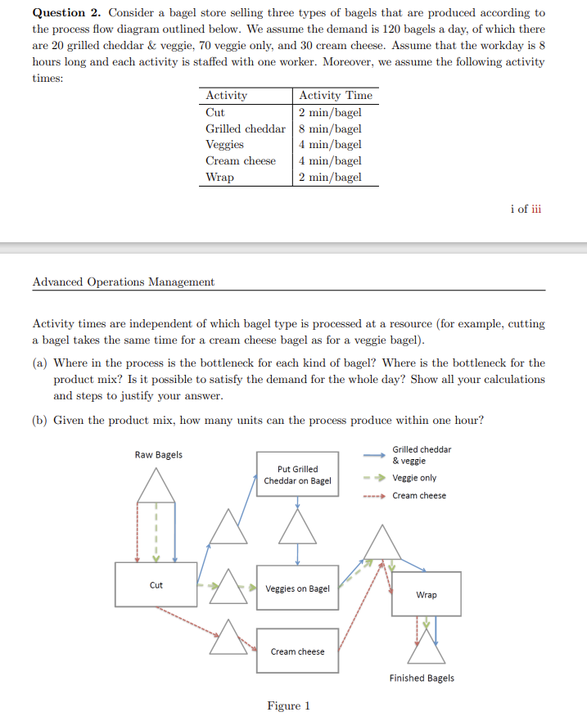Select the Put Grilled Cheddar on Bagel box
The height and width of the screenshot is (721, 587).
tap(297, 474)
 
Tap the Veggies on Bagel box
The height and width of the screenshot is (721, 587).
tap(297, 588)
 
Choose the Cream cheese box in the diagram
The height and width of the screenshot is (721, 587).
tap(297, 651)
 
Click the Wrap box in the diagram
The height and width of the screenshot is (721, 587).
tap(426, 594)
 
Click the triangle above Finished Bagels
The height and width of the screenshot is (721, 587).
tap(427, 648)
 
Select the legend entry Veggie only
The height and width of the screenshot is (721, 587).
tap(414, 478)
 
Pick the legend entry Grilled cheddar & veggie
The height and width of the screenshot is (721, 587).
tap(422, 455)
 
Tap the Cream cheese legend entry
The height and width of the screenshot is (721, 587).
tap(419, 496)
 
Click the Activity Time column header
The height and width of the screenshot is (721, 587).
tap(336, 96)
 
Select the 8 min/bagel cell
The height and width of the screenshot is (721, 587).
tap(330, 128)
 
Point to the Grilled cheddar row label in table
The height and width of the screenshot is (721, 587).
tap(246, 128)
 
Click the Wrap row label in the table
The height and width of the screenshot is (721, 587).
tap(219, 177)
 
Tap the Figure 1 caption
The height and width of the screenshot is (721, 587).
tap(288, 705)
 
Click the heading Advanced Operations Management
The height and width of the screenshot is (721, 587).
tap(124, 282)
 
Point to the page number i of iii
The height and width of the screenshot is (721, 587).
tap(525, 209)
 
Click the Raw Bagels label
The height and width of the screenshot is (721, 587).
tap(159, 455)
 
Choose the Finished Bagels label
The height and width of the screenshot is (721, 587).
tap(422, 678)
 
